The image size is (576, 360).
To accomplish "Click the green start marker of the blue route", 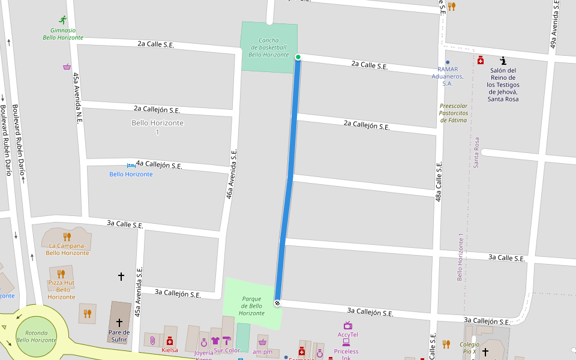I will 298,57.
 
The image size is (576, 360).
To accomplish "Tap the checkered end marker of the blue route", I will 277,303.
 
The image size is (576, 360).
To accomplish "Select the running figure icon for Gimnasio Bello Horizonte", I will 63,20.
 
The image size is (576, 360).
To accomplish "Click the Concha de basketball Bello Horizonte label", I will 268,47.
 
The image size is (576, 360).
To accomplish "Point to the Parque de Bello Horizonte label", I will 251,305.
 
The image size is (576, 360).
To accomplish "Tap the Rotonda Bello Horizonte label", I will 37,336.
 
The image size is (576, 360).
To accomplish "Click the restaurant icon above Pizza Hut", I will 61,274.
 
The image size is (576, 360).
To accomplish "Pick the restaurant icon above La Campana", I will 67,236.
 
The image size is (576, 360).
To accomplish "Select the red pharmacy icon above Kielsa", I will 170,340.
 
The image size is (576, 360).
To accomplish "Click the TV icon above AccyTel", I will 347,325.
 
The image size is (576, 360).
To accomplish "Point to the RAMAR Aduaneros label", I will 447,76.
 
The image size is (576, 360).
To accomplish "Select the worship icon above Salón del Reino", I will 503,61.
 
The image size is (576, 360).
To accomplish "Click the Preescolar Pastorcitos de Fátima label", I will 453,113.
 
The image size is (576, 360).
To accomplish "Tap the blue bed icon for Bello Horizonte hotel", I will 131,166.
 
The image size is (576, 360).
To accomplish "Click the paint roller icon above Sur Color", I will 226,341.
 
